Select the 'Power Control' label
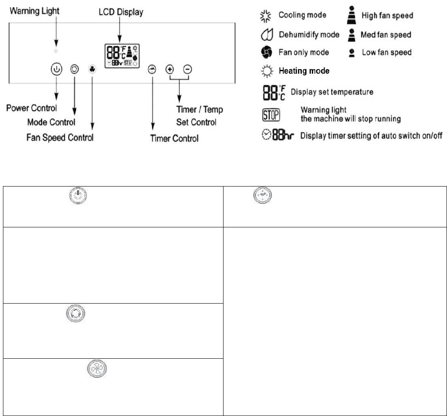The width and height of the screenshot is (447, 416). (x=32, y=108)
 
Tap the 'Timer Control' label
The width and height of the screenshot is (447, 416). (x=174, y=138)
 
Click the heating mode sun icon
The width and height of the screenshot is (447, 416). (x=266, y=71)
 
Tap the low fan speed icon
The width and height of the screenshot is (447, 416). (x=351, y=53)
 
